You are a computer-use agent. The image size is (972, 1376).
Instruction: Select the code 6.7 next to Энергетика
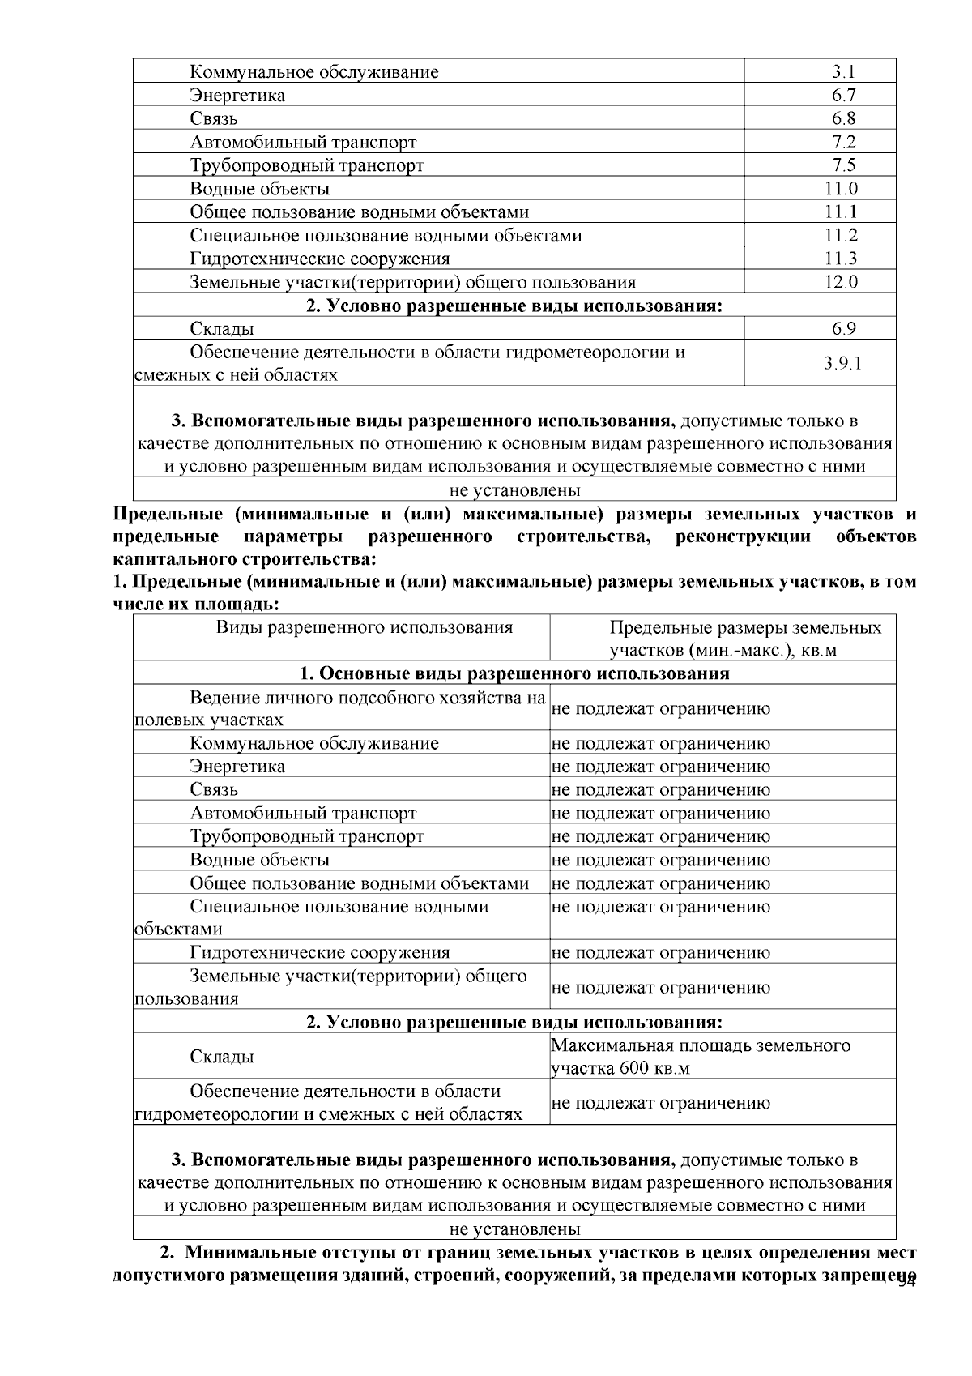842,96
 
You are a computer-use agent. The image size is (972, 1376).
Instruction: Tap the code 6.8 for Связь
842,119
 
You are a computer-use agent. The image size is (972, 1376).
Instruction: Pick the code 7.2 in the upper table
842,143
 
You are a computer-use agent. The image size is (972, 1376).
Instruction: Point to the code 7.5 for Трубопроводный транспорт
842,166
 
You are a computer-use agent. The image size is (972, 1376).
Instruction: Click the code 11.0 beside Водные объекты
842,190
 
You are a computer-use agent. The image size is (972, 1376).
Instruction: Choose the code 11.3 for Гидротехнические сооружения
842,259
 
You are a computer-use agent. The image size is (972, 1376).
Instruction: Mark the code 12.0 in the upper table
842,283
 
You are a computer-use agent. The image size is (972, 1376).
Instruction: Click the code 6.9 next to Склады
842,329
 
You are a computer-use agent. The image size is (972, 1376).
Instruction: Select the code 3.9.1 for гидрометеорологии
842,364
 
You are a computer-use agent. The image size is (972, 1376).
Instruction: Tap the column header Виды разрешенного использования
364,628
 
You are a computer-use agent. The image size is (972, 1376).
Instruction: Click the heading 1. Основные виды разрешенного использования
514,674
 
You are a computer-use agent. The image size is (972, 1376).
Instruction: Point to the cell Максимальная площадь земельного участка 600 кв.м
700,1057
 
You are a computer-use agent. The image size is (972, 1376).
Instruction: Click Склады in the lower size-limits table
221,1057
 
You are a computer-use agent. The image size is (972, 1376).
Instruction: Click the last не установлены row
514,1229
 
